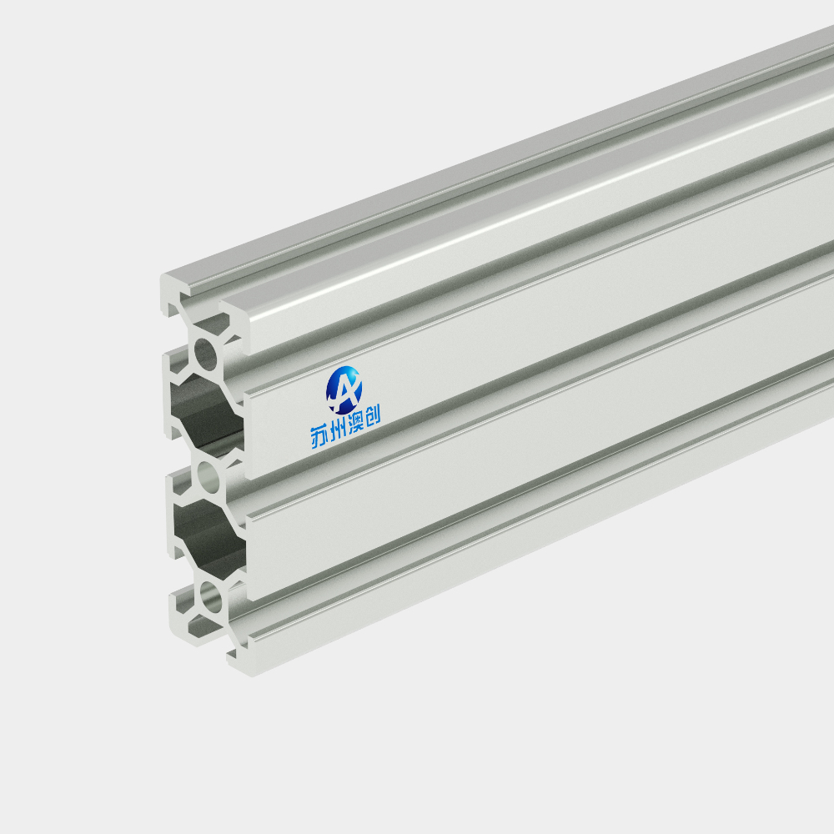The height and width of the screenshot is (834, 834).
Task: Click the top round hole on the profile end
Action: [x=206, y=354]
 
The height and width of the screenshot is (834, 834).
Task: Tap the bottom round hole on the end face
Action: [x=211, y=595]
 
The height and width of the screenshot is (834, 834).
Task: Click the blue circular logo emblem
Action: [x=344, y=390]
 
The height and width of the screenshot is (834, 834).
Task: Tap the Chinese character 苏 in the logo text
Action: [x=319, y=437]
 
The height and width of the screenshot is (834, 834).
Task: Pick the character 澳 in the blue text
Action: [x=354, y=423]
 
